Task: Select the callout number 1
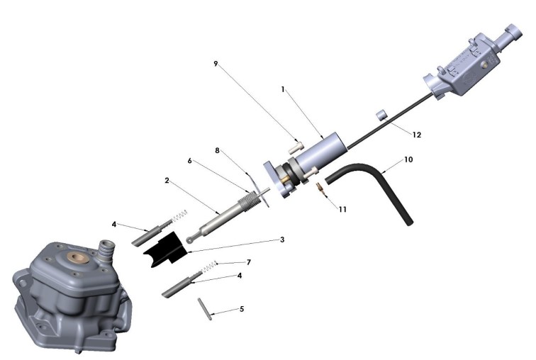click(x=282, y=90)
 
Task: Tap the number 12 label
click(x=416, y=134)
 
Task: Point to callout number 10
click(x=408, y=159)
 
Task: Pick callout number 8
click(x=218, y=150)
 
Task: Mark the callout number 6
click(x=190, y=161)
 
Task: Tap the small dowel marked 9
click(x=296, y=147)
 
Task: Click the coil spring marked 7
click(x=210, y=266)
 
